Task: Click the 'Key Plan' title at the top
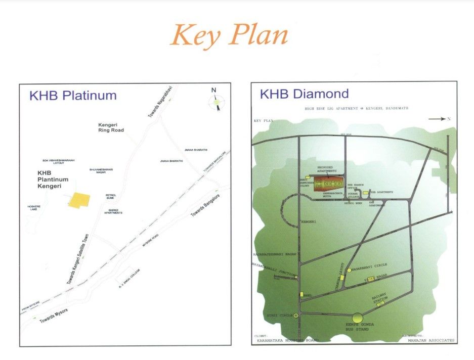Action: [229, 35]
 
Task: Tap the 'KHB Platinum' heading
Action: [73, 96]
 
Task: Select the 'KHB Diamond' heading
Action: [304, 94]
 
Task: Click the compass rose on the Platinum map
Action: [217, 101]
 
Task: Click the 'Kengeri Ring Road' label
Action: [111, 127]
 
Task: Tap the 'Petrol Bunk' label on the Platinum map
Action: [111, 196]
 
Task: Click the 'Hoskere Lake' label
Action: [33, 207]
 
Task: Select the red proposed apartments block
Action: [328, 184]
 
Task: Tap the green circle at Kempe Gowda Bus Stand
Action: [358, 318]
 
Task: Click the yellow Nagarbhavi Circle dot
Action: [349, 271]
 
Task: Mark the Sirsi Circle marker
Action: [296, 315]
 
